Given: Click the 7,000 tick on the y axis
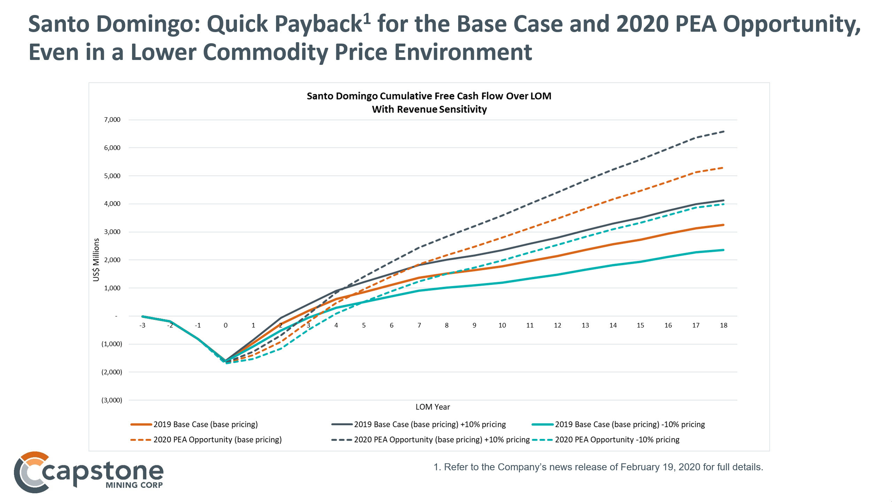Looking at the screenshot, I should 112,120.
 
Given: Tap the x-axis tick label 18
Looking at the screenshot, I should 723,325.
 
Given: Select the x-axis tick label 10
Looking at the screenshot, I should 502,325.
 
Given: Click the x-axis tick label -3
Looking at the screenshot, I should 142,325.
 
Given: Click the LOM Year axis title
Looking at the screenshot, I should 432,407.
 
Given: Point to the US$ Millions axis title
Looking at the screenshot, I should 96,260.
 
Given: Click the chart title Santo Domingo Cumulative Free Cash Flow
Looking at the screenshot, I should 429,96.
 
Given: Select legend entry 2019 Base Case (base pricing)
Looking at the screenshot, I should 205,424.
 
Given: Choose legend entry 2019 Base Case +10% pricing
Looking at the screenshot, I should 430,424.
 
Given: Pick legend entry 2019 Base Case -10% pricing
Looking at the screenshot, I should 630,424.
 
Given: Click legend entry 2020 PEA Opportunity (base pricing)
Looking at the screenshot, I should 217,440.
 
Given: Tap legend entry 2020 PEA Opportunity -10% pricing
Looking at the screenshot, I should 617,440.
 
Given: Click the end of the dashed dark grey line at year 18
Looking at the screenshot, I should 724,131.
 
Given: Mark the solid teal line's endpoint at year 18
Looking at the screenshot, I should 724,250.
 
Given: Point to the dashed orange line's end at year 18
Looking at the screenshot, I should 724,168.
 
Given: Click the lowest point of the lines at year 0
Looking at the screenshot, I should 226,363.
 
